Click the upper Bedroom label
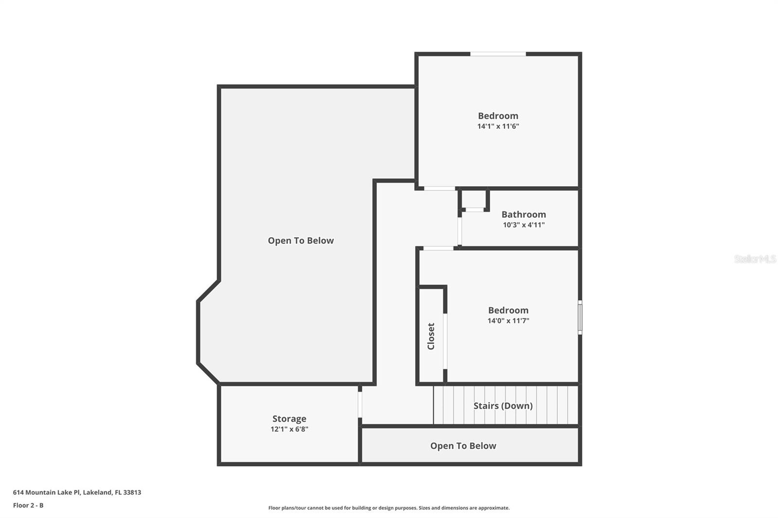point(498,116)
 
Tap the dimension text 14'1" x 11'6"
point(498,126)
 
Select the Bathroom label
point(523,214)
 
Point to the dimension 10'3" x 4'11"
point(523,225)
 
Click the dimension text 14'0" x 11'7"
point(508,321)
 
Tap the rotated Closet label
point(431,336)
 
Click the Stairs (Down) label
point(503,406)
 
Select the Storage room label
point(289,418)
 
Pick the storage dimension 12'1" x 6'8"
point(289,429)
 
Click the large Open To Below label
point(301,241)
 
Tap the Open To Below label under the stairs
point(463,446)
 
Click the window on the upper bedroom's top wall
point(498,54)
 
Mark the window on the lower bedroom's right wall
point(580,317)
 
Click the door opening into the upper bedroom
point(439,188)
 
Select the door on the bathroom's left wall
point(460,231)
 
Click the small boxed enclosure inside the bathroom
point(474,200)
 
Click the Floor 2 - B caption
point(28,505)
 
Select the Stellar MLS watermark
point(755,259)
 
